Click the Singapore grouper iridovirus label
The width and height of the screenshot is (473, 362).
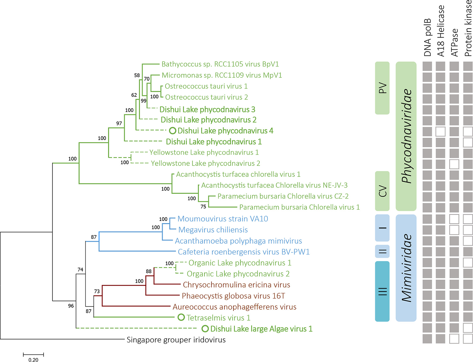(x=176, y=340)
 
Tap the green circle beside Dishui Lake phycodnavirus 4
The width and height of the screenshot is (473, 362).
(x=172, y=131)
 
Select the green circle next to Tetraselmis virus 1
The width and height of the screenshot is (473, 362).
(x=181, y=317)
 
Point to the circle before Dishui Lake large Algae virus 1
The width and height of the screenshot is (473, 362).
(x=205, y=329)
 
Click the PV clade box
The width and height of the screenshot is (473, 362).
(x=382, y=88)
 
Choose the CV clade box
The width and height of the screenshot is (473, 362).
(x=382, y=191)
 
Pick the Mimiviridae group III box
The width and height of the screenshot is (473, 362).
(x=382, y=291)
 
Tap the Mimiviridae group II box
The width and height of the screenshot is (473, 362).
(x=382, y=251)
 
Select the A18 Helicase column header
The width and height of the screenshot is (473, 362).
(x=441, y=31)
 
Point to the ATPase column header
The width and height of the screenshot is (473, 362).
(x=454, y=42)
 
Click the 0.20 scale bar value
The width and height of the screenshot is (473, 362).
(x=34, y=359)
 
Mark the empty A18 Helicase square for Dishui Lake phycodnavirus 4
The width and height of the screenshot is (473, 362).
(x=441, y=132)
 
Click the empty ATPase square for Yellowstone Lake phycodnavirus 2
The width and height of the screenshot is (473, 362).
(x=454, y=164)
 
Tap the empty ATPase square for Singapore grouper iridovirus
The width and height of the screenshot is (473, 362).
(x=454, y=339)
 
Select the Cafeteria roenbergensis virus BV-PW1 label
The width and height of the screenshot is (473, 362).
(x=244, y=252)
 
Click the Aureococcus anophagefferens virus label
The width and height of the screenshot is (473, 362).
(x=234, y=307)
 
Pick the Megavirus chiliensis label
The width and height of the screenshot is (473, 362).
(x=213, y=230)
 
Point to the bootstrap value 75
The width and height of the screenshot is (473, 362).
(x=203, y=207)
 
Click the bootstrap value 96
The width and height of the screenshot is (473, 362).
(x=71, y=306)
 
